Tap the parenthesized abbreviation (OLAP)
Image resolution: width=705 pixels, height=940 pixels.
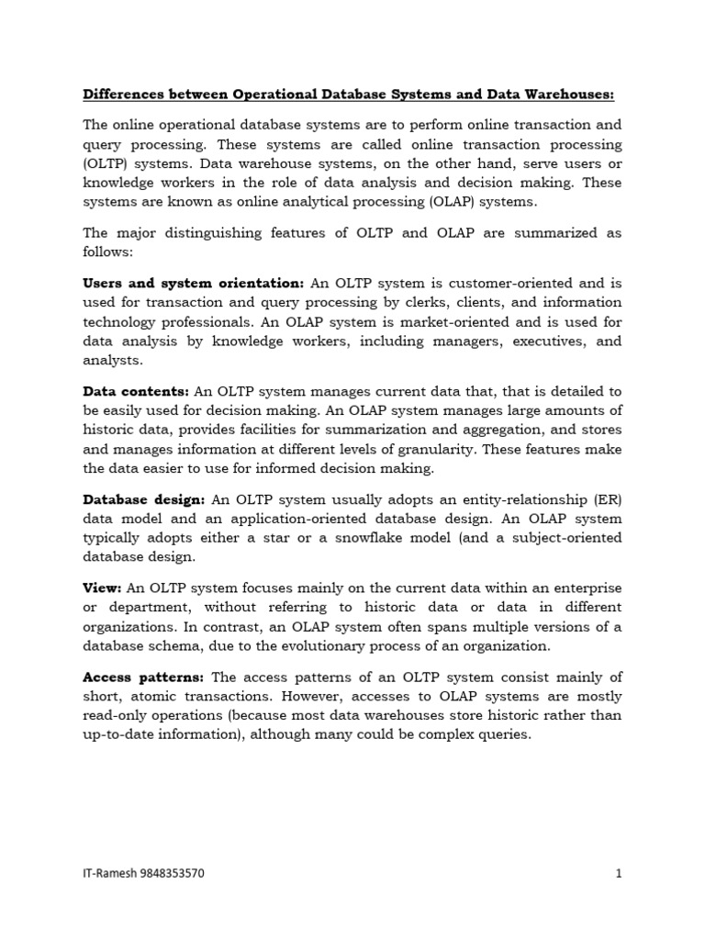(442, 202)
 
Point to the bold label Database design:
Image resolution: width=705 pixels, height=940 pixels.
(144, 499)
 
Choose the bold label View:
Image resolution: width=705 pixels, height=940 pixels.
(102, 587)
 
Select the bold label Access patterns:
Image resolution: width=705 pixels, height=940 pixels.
(144, 677)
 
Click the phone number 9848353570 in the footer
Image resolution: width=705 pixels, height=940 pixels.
(172, 874)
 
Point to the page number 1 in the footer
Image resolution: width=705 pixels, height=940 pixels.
(619, 874)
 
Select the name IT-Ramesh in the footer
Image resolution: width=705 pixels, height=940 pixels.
(108, 874)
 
